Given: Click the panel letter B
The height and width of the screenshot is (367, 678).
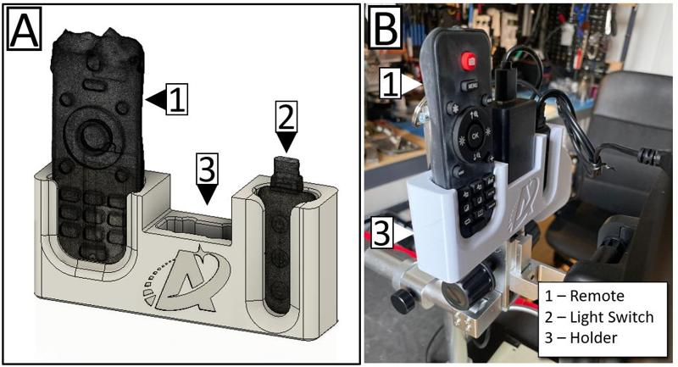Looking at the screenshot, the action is pyautogui.click(x=386, y=27).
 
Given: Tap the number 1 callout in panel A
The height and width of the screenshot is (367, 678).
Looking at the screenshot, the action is pyautogui.click(x=177, y=99).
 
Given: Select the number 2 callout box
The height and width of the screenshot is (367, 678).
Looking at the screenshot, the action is pyautogui.click(x=286, y=116).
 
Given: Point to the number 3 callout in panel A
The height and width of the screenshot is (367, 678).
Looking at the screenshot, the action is pyautogui.click(x=207, y=168).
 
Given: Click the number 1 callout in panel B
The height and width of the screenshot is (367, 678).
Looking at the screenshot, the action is pyautogui.click(x=391, y=84).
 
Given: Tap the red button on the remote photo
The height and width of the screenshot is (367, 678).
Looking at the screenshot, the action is pyautogui.click(x=470, y=61).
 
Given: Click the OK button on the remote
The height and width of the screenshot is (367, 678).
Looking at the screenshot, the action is pyautogui.click(x=475, y=136).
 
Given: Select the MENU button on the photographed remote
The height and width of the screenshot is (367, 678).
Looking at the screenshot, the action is pyautogui.click(x=472, y=86).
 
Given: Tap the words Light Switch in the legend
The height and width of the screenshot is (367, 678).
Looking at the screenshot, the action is pyautogui.click(x=612, y=317).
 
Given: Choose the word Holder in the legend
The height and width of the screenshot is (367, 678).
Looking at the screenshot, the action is pyautogui.click(x=594, y=337).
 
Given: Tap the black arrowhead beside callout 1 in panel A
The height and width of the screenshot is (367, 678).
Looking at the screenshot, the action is pyautogui.click(x=156, y=99).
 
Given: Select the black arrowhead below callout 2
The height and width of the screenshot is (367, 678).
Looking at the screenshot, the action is pyautogui.click(x=286, y=142).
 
